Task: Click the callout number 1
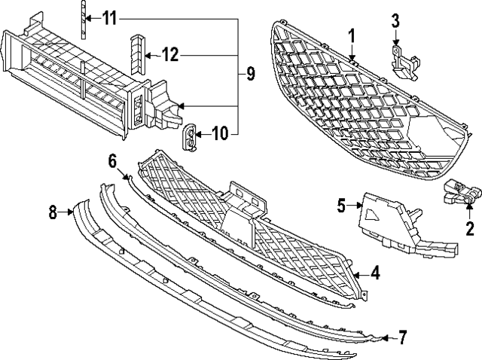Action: (350, 35)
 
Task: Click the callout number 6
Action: (113, 160)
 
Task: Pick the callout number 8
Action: (53, 213)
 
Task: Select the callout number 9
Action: (250, 74)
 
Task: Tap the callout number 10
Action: (219, 135)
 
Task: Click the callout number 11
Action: (111, 17)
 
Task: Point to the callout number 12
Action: (169, 54)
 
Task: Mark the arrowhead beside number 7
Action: (386, 337)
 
